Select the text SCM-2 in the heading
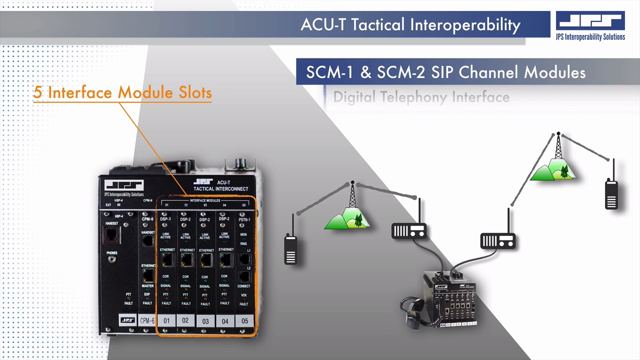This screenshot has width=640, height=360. click(x=400, y=72)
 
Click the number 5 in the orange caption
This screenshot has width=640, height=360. click(x=37, y=93)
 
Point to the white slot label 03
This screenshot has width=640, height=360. click(x=205, y=321)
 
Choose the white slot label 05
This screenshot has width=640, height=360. click(x=244, y=321)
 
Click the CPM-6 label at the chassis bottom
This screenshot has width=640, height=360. click(x=147, y=320)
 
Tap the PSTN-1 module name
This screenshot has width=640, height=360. click(x=244, y=219)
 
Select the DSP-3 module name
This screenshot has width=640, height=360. click(x=165, y=219)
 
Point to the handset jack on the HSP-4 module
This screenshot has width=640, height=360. click(x=111, y=234)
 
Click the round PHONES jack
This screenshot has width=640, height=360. click(x=111, y=259)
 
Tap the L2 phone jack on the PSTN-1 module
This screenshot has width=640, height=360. click(x=244, y=276)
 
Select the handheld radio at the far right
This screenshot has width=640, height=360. click(x=611, y=192)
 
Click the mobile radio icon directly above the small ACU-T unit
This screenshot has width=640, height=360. click(x=409, y=230)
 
